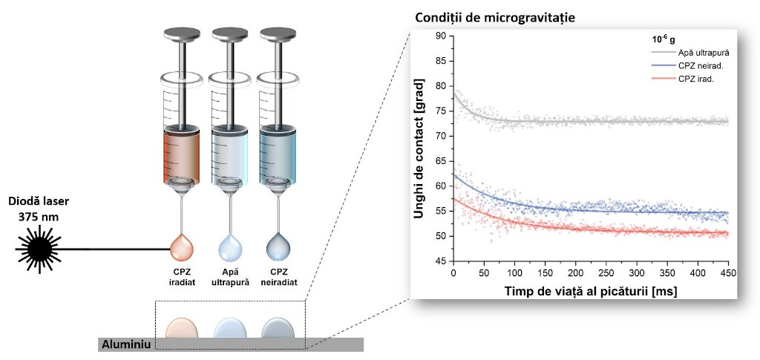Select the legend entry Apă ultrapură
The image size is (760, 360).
(704, 53)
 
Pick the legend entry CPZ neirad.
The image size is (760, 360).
(700, 66)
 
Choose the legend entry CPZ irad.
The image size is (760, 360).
(695, 79)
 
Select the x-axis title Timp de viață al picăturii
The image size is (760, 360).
(591, 291)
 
